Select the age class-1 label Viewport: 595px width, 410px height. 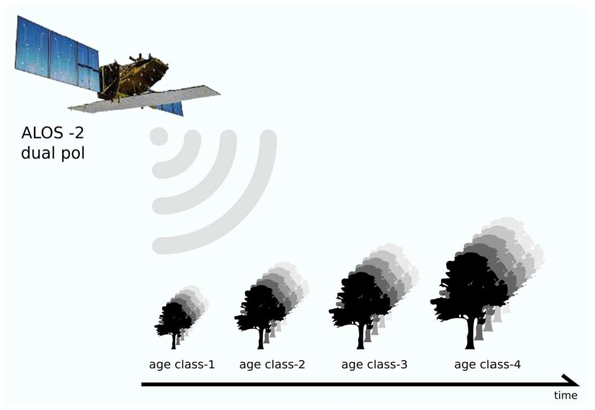pos(182,365)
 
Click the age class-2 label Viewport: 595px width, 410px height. pos(272,365)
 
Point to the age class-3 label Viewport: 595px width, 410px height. pos(374,365)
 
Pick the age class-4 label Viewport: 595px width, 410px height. pos(487,365)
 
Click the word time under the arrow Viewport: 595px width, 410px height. pos(566,396)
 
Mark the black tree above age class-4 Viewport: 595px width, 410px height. pos(468,289)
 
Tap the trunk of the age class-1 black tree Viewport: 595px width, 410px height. pos(174,342)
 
